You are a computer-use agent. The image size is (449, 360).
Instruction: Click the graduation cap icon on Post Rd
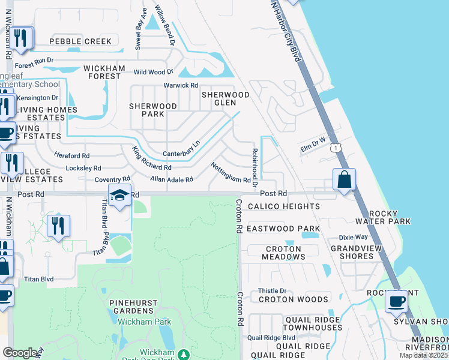120,196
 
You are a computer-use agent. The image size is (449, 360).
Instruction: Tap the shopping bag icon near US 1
345,179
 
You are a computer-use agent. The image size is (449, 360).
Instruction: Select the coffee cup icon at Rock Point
396,301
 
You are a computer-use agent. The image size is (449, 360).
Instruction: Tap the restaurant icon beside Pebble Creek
22,39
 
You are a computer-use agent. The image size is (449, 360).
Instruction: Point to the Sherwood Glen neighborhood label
225,98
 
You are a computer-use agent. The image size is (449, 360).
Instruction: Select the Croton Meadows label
283,253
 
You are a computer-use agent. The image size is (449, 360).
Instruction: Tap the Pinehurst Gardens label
131,307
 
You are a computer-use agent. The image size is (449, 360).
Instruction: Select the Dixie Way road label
352,237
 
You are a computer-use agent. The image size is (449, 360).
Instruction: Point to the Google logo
20,353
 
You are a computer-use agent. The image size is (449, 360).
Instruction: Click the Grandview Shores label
356,251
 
